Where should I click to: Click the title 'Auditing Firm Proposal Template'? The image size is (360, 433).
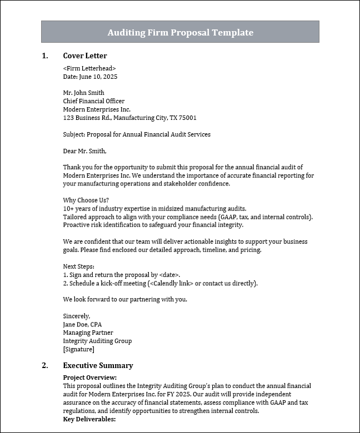click(x=180, y=32)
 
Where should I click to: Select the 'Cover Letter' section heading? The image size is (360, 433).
click(x=85, y=56)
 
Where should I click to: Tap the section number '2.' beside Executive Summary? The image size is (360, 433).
click(x=45, y=365)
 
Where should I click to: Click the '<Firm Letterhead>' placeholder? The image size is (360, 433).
click(x=89, y=68)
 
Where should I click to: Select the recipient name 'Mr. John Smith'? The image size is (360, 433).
click(x=84, y=93)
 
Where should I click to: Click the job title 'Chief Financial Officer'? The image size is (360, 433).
click(x=94, y=101)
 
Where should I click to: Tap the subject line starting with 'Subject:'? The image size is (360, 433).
click(x=137, y=134)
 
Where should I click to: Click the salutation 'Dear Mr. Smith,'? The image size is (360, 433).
click(x=84, y=150)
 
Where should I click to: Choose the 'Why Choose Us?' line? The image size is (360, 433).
click(x=86, y=200)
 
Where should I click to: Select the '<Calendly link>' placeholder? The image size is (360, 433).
click(x=172, y=283)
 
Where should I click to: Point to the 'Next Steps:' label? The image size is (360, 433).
click(x=79, y=266)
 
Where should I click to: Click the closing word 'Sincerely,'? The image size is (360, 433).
click(x=77, y=316)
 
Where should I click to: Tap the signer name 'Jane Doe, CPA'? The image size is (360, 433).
click(x=83, y=324)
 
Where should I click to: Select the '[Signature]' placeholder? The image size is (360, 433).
click(x=79, y=349)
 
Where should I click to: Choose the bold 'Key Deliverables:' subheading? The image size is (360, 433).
click(x=89, y=419)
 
